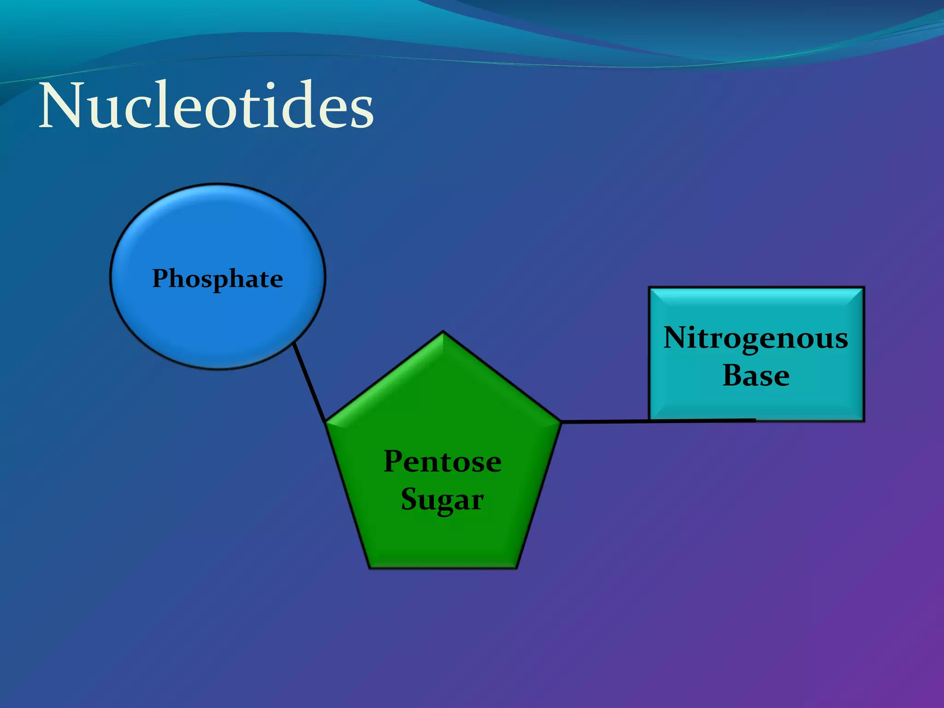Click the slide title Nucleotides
click(206, 107)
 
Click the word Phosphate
click(218, 278)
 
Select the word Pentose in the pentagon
click(442, 461)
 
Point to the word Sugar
click(442, 500)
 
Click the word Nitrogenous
click(756, 338)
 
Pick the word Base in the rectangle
click(756, 375)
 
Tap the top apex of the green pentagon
click(443, 332)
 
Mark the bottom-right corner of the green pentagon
click(516, 568)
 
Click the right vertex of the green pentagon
click(560, 421)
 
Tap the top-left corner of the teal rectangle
click(649, 288)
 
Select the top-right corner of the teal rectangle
click(864, 288)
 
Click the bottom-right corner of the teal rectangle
click(864, 420)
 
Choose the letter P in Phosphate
click(161, 278)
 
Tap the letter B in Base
click(732, 375)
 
